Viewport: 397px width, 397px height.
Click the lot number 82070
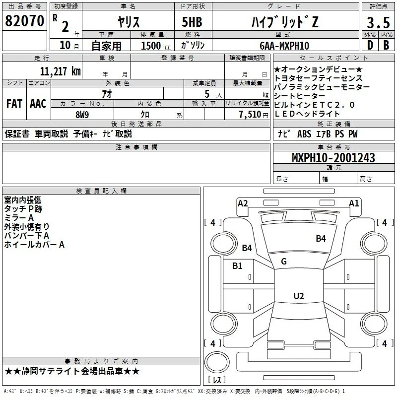[x=24, y=21]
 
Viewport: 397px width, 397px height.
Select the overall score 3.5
[x=378, y=23]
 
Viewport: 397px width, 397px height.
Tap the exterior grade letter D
[x=370, y=45]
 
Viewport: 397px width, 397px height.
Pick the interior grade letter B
[x=386, y=45]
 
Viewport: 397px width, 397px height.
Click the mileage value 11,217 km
[x=61, y=71]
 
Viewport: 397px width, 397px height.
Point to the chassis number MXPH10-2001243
[x=333, y=157]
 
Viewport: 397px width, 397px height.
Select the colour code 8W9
[x=82, y=115]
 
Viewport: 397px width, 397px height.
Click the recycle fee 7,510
[x=250, y=115]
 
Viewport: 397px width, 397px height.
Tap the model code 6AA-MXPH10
[x=284, y=46]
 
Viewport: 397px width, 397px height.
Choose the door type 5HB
[x=192, y=22]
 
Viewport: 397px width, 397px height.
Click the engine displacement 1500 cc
[x=156, y=46]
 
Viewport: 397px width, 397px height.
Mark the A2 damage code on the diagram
[x=243, y=203]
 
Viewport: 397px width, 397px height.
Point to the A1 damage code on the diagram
[x=354, y=203]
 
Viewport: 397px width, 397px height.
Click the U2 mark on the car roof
[x=299, y=296]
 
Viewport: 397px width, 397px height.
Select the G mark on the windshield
[x=284, y=262]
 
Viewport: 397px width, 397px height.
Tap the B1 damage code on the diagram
[x=237, y=266]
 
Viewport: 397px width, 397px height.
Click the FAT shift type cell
[x=14, y=104]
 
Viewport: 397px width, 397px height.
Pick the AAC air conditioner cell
[x=38, y=104]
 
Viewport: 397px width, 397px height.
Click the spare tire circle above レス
[x=217, y=362]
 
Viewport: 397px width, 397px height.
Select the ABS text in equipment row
[x=304, y=133]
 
